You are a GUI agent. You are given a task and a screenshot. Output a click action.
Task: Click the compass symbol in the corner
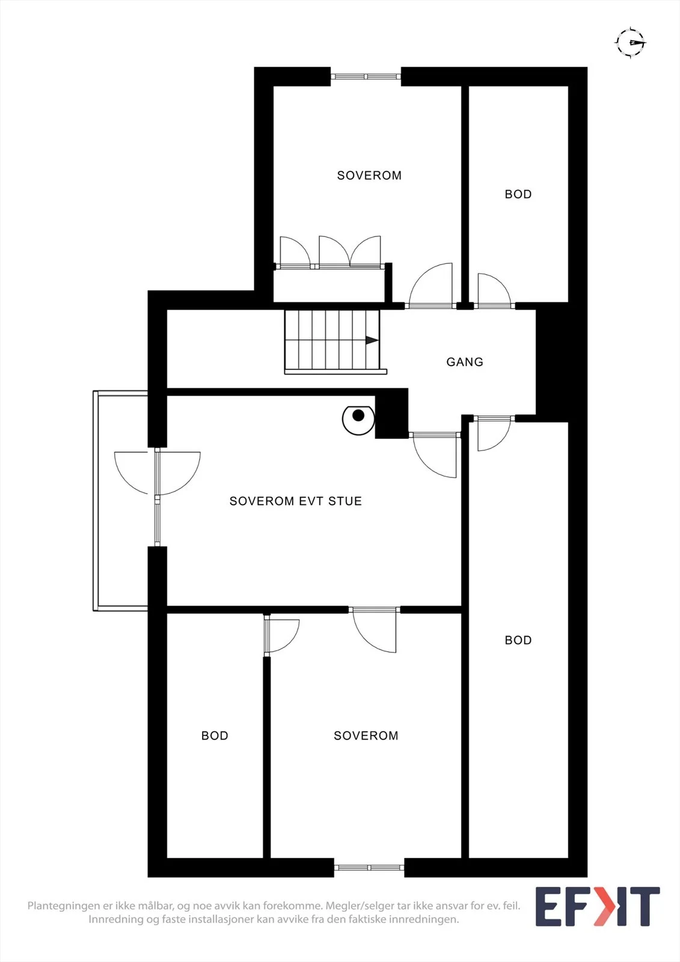(x=631, y=42)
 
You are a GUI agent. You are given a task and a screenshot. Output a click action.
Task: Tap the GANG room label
(x=465, y=362)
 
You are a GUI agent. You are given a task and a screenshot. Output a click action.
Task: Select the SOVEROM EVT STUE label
(x=296, y=501)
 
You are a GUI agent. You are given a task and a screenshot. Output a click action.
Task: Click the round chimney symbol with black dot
(x=358, y=420)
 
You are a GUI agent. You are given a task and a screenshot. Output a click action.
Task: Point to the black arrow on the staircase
(x=372, y=340)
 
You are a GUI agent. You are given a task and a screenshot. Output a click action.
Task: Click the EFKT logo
(x=598, y=906)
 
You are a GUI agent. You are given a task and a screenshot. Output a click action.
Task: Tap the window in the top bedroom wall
(x=366, y=76)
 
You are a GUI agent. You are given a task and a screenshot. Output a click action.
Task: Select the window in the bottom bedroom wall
(x=369, y=868)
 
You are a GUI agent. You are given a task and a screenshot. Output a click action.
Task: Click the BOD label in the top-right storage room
(x=518, y=194)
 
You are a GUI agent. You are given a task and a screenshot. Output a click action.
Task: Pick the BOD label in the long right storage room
(x=518, y=640)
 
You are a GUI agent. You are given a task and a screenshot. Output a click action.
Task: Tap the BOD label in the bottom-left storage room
(x=215, y=736)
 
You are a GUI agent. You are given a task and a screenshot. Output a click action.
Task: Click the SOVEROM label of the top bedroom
(x=369, y=175)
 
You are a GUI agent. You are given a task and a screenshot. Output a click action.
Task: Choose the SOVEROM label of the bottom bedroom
(x=366, y=736)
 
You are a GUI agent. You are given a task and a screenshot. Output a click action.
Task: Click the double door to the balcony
(x=157, y=473)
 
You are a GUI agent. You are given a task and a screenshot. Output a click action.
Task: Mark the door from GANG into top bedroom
(x=431, y=286)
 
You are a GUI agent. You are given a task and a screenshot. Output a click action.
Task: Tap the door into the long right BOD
(x=494, y=433)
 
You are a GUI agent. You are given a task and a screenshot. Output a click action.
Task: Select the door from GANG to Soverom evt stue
(x=434, y=455)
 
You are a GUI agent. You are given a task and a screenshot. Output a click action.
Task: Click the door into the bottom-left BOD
(x=281, y=635)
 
